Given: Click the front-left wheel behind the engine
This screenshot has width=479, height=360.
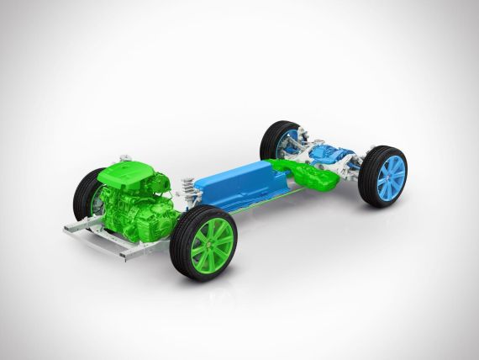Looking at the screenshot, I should pos(87,193).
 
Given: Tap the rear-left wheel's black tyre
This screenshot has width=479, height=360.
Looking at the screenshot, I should pos(271,140).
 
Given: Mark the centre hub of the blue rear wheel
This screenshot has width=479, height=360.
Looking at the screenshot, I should pos(390,177).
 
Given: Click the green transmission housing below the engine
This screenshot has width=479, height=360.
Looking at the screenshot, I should pos(143,219).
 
